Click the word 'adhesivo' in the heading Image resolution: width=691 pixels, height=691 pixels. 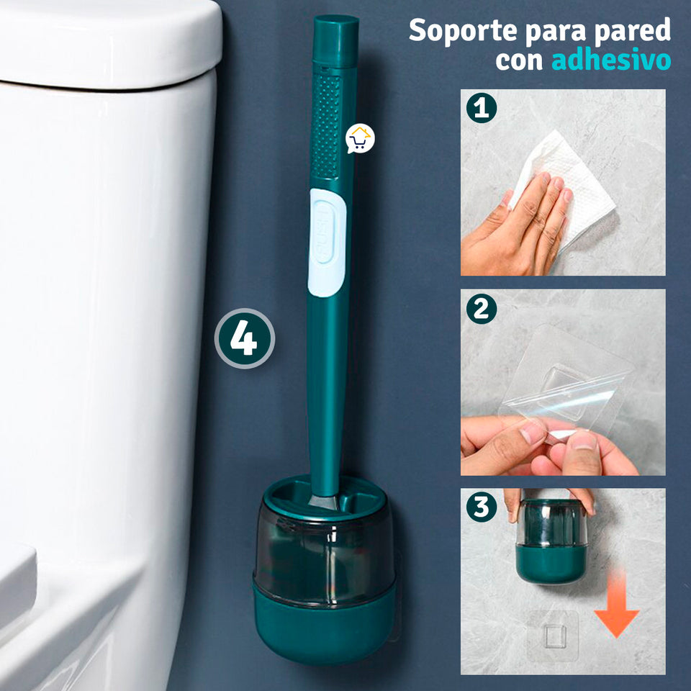coord(611,60)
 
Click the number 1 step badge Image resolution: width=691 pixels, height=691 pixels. coord(481,108)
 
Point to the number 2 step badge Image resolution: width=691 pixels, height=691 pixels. coord(481,309)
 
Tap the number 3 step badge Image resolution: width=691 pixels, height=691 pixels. coord(481,507)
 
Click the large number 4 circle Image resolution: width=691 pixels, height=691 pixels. coord(245,339)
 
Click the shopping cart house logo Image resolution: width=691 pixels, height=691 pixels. coord(360,138)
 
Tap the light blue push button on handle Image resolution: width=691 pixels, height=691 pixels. coord(327,242)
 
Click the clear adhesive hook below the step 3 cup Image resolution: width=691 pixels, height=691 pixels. coord(552,636)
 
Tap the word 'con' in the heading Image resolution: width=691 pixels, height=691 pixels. coord(518,61)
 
